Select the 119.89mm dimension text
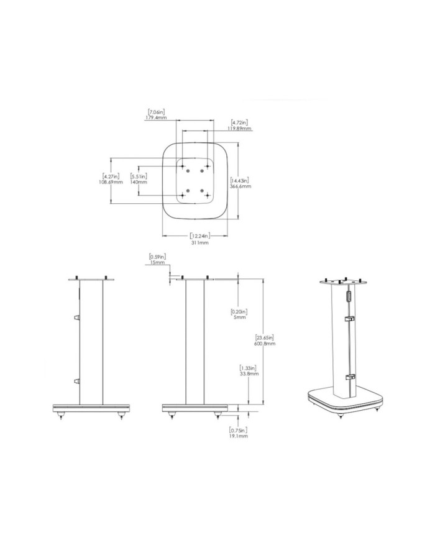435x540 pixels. pyautogui.click(x=240, y=129)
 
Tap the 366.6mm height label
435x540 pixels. pyautogui.click(x=241, y=186)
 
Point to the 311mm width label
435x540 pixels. pyautogui.click(x=199, y=243)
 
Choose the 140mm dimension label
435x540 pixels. pyautogui.click(x=138, y=182)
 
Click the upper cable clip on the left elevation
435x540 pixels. pyautogui.click(x=76, y=318)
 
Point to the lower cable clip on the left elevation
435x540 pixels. pyautogui.click(x=76, y=380)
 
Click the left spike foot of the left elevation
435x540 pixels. pyautogui.click(x=61, y=417)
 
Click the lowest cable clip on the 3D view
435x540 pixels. pyautogui.click(x=350, y=377)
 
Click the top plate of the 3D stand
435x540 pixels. pyautogui.click(x=339, y=281)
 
